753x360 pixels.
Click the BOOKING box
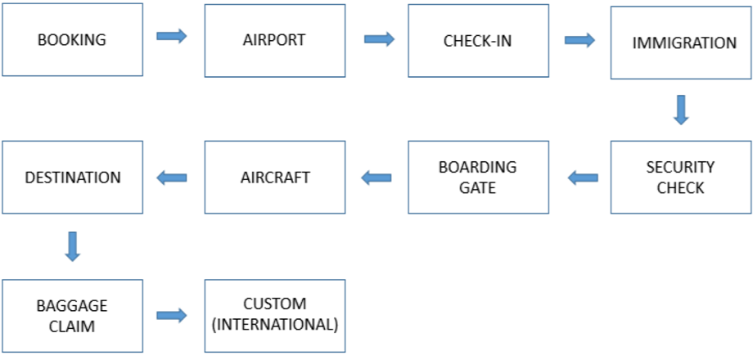[x=72, y=39]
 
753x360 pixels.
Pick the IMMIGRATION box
[x=681, y=43]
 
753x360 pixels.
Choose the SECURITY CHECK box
[x=681, y=178]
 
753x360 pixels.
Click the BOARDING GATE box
[x=478, y=178]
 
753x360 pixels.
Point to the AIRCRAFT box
[x=274, y=178]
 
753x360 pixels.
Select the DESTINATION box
[x=72, y=178]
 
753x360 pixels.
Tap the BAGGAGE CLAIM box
[x=72, y=316]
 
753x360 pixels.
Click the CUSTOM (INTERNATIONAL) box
[x=274, y=316]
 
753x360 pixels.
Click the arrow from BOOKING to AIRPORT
[x=172, y=37]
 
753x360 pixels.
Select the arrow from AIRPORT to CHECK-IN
[x=379, y=39]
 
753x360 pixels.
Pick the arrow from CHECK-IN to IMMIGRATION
[x=579, y=40]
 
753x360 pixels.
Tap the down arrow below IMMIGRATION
[x=681, y=110]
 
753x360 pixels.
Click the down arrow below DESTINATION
[x=72, y=245]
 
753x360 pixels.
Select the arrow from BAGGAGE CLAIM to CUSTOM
[x=172, y=315]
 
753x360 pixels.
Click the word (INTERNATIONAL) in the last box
[x=274, y=325]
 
